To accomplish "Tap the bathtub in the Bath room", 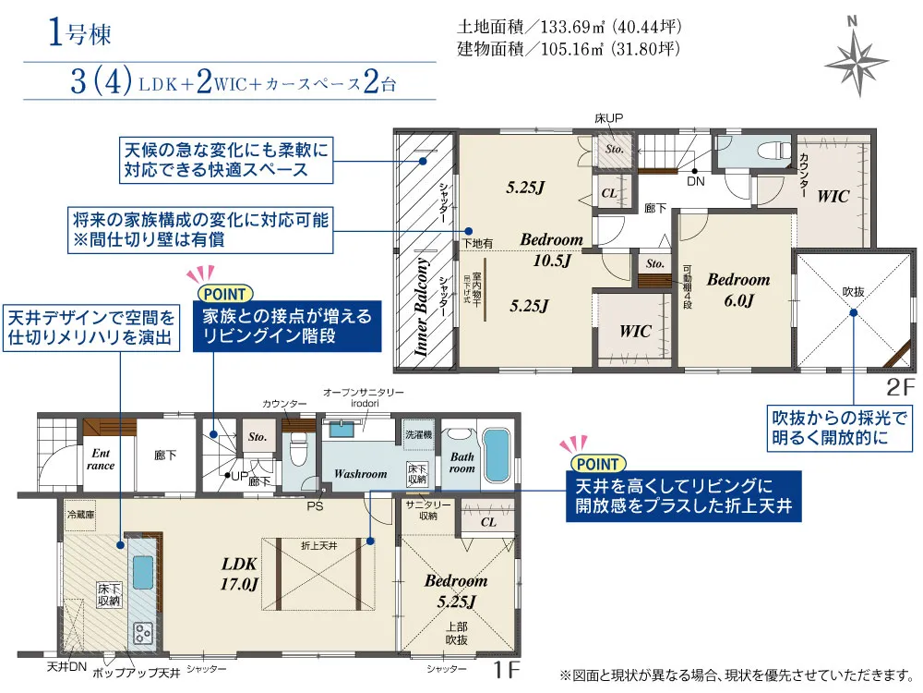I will coord(497,454).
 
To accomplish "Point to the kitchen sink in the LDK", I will coord(144,572).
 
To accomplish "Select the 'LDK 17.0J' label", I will coord(239,573).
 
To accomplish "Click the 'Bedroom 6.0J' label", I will coord(737,289).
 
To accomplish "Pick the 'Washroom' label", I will coord(360,474).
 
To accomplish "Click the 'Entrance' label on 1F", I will coord(101,459).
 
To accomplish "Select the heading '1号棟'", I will coord(79,34).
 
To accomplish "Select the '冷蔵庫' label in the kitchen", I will coord(79,512).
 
